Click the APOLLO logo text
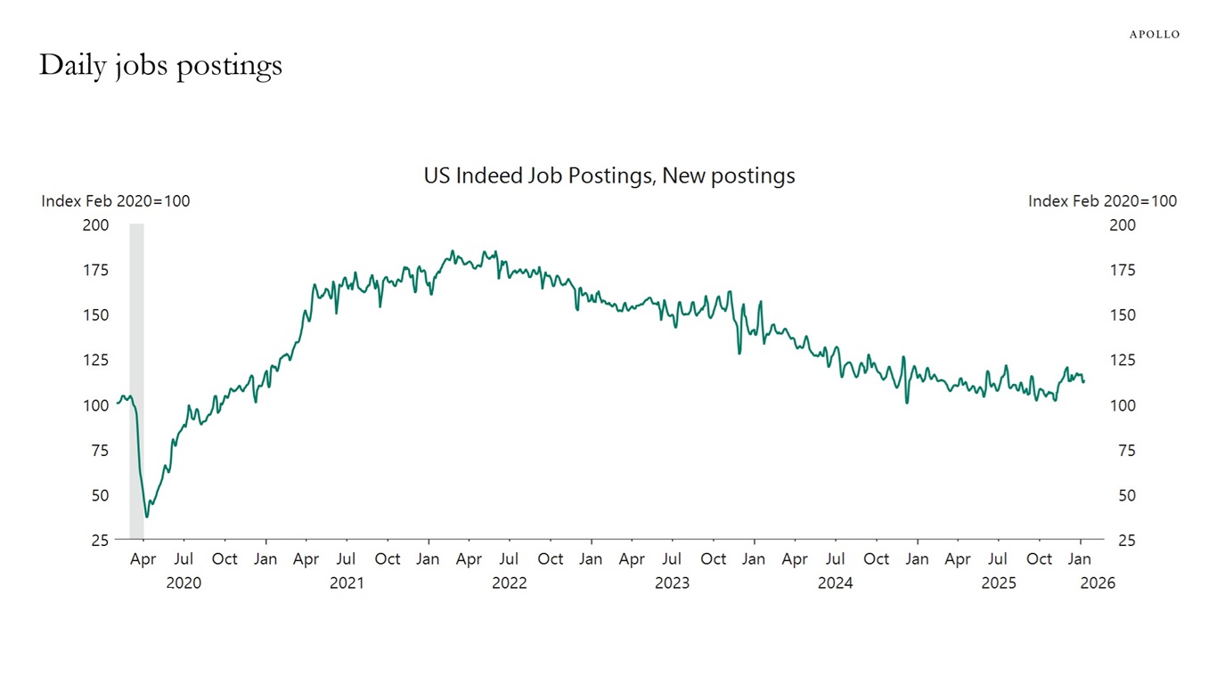[1154, 35]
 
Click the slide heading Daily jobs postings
[160, 65]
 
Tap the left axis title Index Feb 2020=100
[116, 201]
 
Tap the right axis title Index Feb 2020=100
[1102, 201]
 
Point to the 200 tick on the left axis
[95, 225]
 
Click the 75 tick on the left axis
[99, 451]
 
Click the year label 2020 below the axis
[184, 583]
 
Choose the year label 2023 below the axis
[672, 583]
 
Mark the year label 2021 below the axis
[347, 583]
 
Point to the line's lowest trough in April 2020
[147, 517]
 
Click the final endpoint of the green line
[1084, 382]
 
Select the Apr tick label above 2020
[143, 559]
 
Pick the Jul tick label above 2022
[509, 559]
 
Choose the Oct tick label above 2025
[1039, 559]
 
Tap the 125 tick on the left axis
[95, 361]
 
